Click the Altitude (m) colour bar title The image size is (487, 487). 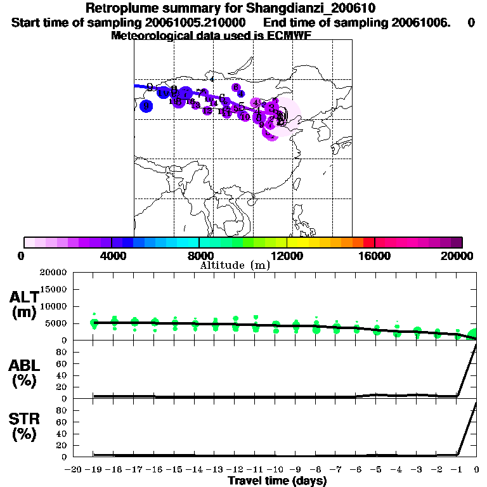tap(235, 265)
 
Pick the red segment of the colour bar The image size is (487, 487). tap(369, 242)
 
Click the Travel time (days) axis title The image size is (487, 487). tap(277, 481)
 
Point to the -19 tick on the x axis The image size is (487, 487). tap(94, 469)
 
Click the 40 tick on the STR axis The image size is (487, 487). tap(62, 434)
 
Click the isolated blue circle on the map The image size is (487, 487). tap(146, 106)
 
